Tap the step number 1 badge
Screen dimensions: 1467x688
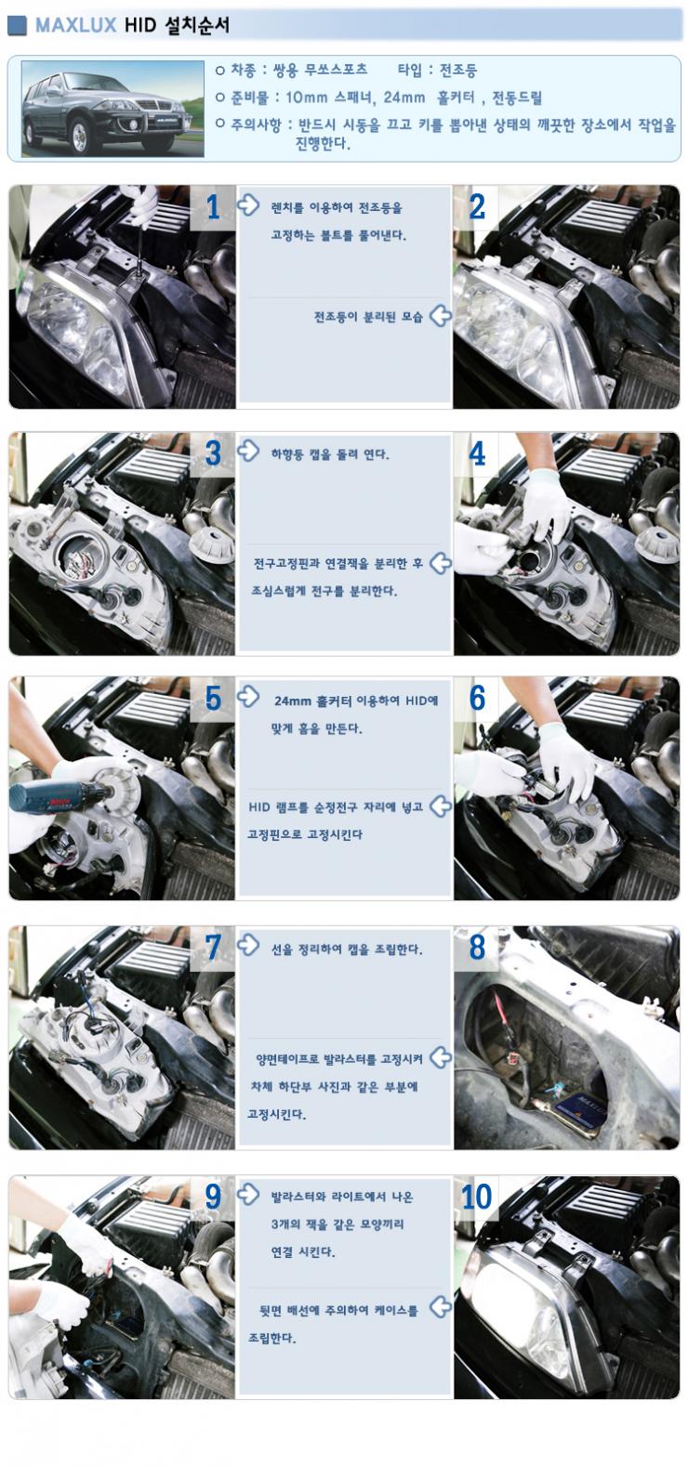(x=213, y=207)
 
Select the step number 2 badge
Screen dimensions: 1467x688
(x=477, y=207)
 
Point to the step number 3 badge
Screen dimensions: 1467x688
(x=213, y=454)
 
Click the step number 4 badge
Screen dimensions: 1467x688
(x=477, y=454)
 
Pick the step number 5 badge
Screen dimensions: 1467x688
(x=213, y=699)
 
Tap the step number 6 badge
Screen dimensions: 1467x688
(x=477, y=699)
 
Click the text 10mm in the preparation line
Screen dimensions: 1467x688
(x=305, y=98)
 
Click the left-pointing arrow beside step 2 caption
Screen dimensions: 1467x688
(x=440, y=316)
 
